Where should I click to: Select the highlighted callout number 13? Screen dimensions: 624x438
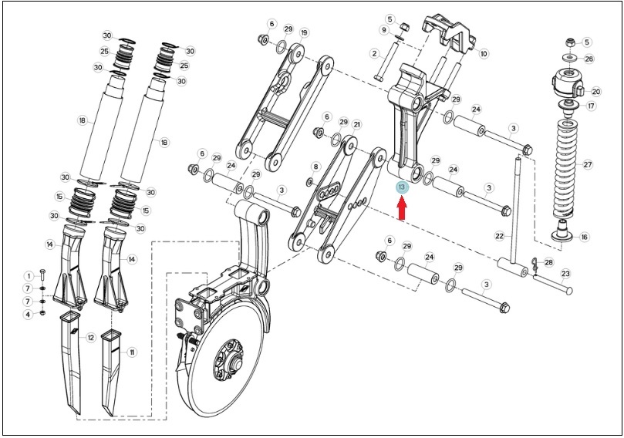point(402,187)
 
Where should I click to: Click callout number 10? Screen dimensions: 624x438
point(484,53)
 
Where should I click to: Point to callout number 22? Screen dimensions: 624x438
point(500,236)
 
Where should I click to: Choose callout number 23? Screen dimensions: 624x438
point(565,274)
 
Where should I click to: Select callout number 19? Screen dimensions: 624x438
point(304,32)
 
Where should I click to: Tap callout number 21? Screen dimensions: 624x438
point(356,124)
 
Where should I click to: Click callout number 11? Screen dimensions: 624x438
point(132,352)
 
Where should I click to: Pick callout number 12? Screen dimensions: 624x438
point(91,338)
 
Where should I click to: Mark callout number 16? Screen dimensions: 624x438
point(584,237)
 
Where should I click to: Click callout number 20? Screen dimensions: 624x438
point(595,92)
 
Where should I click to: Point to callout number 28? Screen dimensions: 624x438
point(548,262)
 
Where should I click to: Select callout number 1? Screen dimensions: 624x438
point(29,276)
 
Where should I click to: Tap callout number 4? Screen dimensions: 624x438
point(28,315)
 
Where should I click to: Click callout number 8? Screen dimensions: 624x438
point(316,167)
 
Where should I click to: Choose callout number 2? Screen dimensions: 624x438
point(374,53)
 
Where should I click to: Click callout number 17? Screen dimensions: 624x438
point(591,106)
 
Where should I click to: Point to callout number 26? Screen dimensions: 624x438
point(589,59)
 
